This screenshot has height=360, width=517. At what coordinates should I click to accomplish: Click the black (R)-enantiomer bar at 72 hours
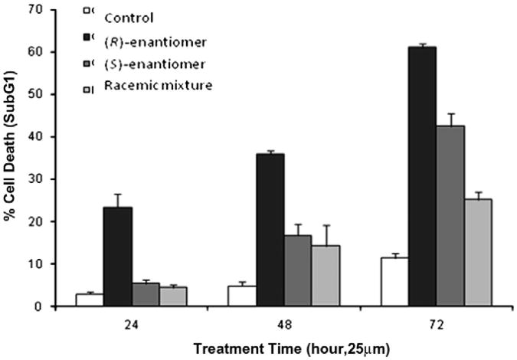point(421,176)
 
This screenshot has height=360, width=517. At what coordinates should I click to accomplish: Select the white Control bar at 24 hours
point(89,299)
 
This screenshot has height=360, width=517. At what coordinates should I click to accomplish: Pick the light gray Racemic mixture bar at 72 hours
point(478,252)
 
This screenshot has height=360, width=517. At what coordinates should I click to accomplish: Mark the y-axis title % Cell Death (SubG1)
point(13,157)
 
